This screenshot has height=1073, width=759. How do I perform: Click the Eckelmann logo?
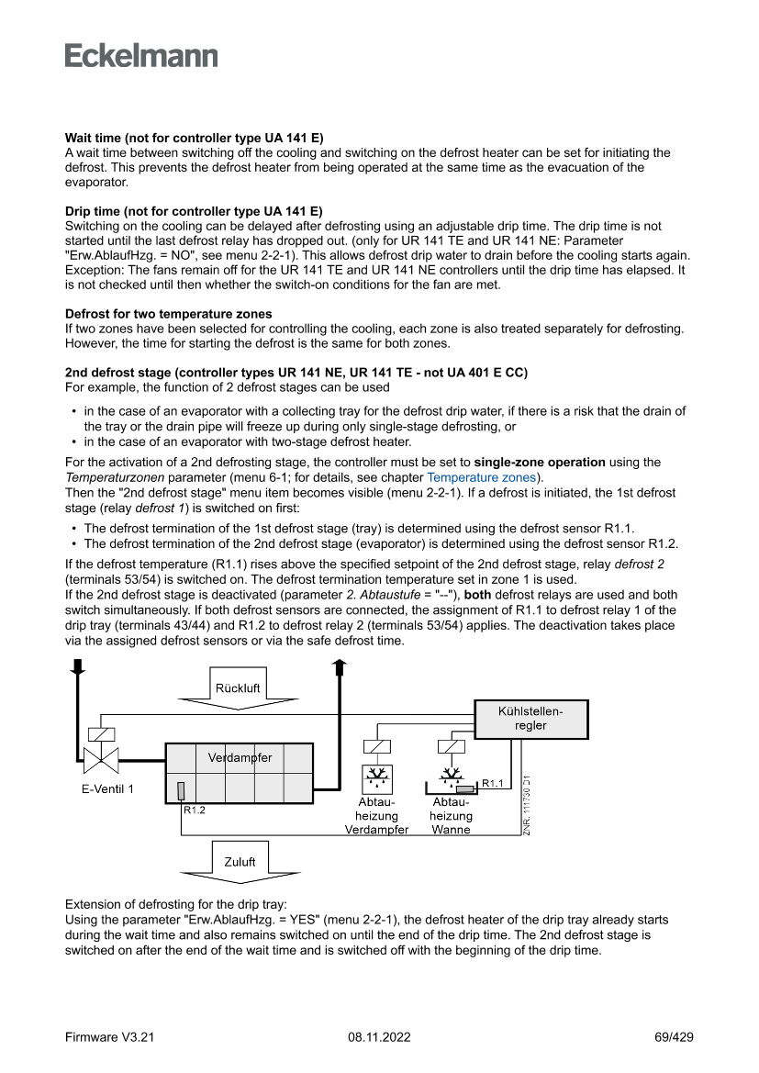(x=141, y=56)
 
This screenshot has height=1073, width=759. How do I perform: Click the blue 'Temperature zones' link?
(x=484, y=478)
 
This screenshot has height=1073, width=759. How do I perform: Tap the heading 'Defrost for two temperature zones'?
(x=168, y=314)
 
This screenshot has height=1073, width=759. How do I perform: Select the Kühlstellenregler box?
(x=530, y=719)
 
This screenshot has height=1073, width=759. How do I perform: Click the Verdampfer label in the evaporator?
(x=240, y=758)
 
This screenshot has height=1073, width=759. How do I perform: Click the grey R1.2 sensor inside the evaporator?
(x=181, y=790)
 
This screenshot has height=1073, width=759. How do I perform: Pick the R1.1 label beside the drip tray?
(x=493, y=783)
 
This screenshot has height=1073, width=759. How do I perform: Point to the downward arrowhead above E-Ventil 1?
(x=77, y=669)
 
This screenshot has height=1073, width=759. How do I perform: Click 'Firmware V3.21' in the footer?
(x=109, y=1037)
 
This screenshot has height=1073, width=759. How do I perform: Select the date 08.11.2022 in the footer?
(x=379, y=1037)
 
